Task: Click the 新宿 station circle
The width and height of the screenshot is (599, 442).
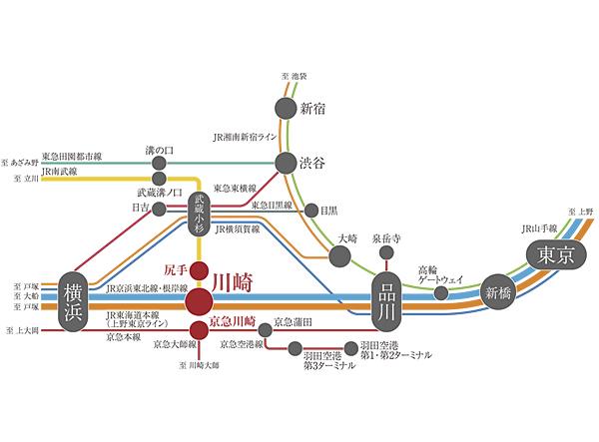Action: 285,108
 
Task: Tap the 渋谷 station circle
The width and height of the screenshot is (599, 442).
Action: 286,163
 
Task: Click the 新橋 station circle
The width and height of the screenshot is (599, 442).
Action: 497,292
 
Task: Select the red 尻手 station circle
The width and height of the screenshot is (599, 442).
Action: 200,270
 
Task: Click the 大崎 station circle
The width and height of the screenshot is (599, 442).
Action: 339,256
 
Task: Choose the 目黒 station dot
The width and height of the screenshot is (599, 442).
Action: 308,211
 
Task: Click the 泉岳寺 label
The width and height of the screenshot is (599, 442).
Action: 385,239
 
